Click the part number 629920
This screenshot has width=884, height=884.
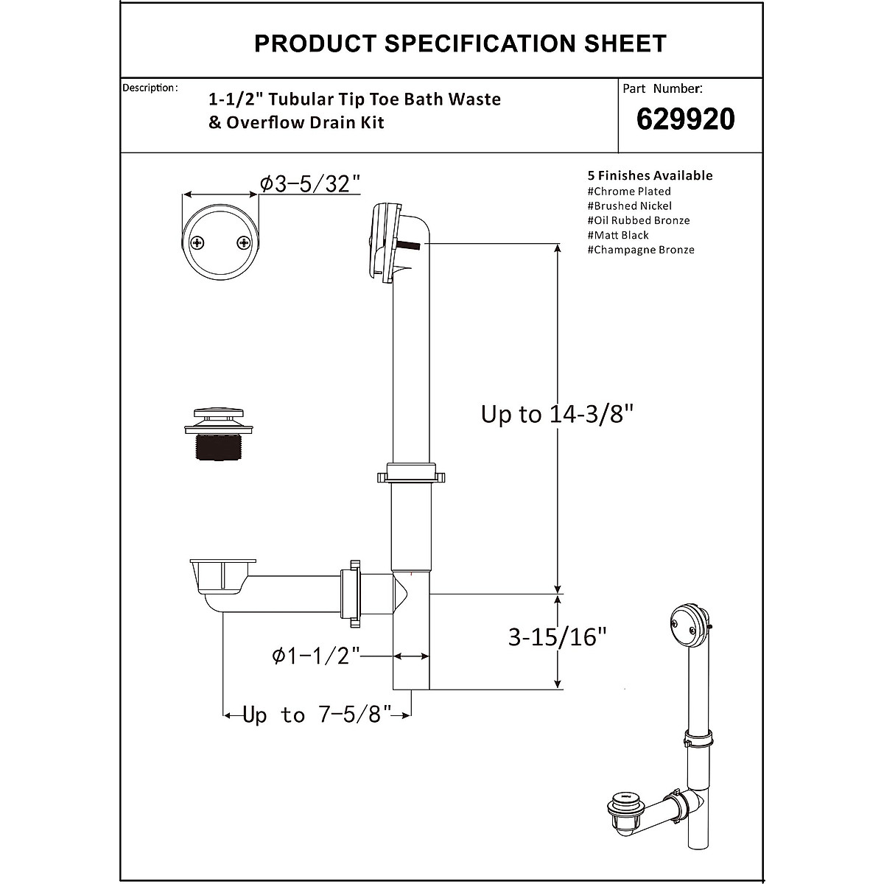[685, 119]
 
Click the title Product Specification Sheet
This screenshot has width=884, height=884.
[460, 43]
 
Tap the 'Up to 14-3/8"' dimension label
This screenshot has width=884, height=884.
[557, 414]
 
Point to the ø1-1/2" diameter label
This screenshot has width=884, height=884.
[316, 655]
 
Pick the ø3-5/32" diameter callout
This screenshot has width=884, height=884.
[310, 183]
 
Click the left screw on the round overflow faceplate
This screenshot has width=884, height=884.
[197, 242]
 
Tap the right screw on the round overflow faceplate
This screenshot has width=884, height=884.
[243, 242]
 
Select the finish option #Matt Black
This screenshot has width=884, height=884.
[618, 235]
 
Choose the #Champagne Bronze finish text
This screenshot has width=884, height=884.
[641, 250]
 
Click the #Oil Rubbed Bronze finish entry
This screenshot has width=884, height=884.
[639, 220]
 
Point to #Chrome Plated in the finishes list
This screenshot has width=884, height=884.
[629, 192]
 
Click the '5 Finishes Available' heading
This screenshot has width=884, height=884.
[650, 175]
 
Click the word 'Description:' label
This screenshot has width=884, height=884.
[150, 88]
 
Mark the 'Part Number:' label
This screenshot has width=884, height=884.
[662, 88]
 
